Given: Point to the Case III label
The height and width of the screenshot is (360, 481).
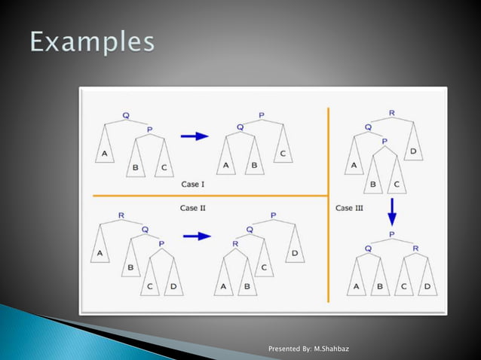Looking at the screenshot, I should tap(349, 208).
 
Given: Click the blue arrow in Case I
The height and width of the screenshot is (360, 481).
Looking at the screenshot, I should tap(195, 136).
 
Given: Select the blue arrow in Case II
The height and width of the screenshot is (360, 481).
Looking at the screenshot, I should tap(197, 236).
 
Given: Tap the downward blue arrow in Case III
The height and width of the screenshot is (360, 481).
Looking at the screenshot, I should tap(392, 216).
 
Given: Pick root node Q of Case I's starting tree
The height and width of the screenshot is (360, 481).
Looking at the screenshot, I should tap(126, 115).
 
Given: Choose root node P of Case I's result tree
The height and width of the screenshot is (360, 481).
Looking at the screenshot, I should tap(262, 115).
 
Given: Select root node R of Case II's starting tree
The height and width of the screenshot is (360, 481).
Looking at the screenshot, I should tap(121, 215).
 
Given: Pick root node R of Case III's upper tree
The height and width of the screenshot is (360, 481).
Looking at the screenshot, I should tap(391, 113).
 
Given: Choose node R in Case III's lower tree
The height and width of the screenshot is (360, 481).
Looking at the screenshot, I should tap(415, 247).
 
